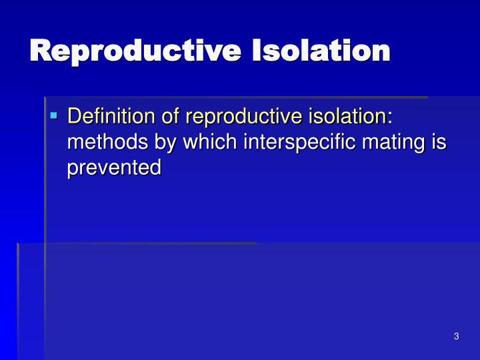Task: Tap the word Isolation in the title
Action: (x=319, y=51)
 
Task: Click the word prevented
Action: (x=114, y=168)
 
